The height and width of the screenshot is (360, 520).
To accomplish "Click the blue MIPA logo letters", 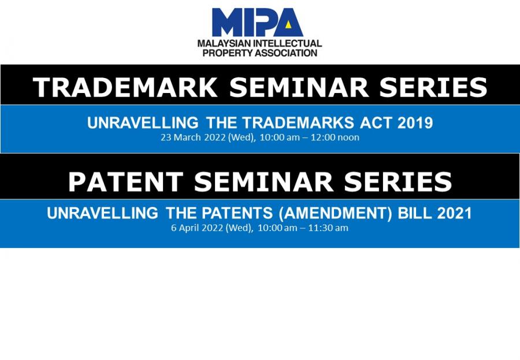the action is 257,22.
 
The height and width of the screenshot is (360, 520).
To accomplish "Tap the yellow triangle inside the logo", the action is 288,24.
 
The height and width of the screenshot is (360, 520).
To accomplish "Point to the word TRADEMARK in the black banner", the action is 125,87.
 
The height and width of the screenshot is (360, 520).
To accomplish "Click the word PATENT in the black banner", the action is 126,181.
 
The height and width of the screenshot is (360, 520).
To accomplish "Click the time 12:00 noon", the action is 335,138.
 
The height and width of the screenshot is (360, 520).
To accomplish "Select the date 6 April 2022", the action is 197,228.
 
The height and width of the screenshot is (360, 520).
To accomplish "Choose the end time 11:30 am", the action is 328,228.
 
